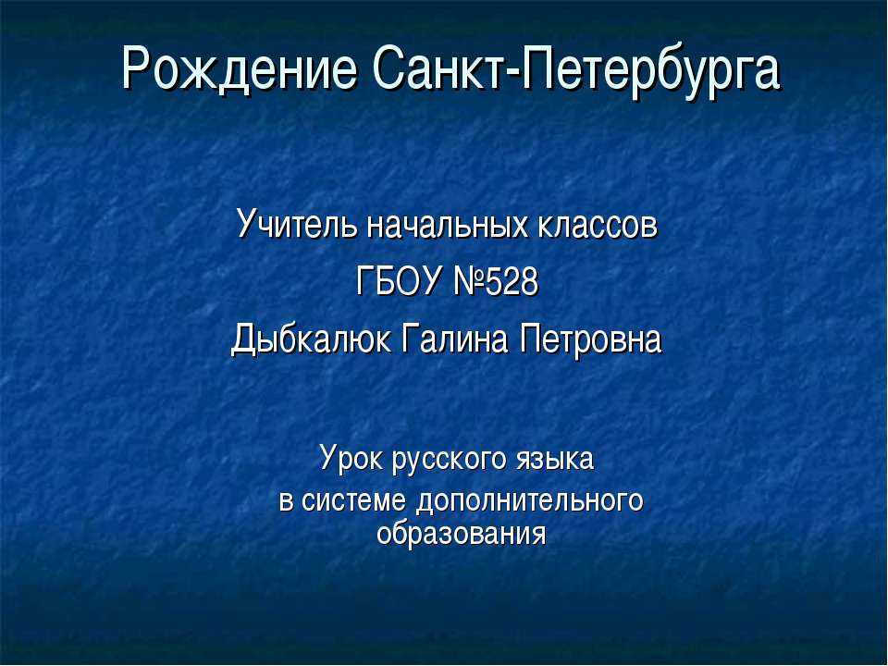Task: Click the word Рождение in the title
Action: click(x=240, y=69)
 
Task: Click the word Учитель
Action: click(x=297, y=224)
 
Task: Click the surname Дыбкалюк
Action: click(x=311, y=339)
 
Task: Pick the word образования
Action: click(x=462, y=533)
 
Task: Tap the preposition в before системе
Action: click(x=286, y=501)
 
